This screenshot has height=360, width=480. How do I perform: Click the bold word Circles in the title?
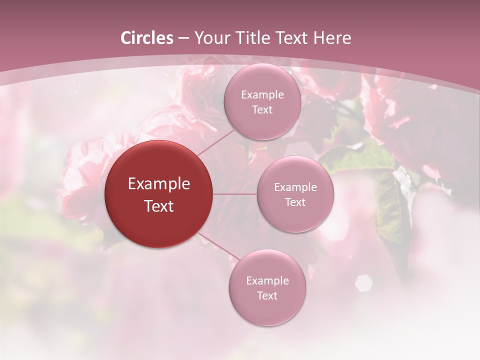coord(147,38)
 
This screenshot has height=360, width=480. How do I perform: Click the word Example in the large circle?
coord(159,184)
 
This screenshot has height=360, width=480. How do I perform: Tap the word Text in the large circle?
coord(159,206)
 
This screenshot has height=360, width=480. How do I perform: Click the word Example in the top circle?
coord(262,95)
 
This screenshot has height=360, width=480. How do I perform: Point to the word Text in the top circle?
coord(262,110)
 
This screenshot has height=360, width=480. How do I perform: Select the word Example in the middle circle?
coord(295,187)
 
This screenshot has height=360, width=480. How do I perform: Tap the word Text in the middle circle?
coord(295,202)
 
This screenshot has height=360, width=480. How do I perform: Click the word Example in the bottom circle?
coord(267,281)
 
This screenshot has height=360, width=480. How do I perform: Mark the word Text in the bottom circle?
coord(267,296)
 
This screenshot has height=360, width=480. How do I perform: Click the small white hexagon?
coord(363,283)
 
